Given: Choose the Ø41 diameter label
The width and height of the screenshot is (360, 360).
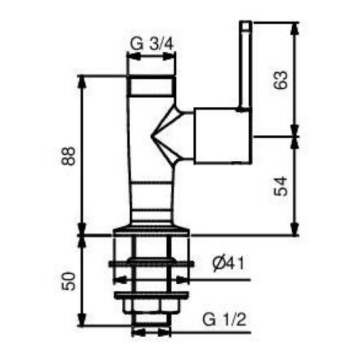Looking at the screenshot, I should tap(229, 264).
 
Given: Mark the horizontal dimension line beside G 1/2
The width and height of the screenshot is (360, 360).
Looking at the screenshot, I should tap(155, 333).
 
